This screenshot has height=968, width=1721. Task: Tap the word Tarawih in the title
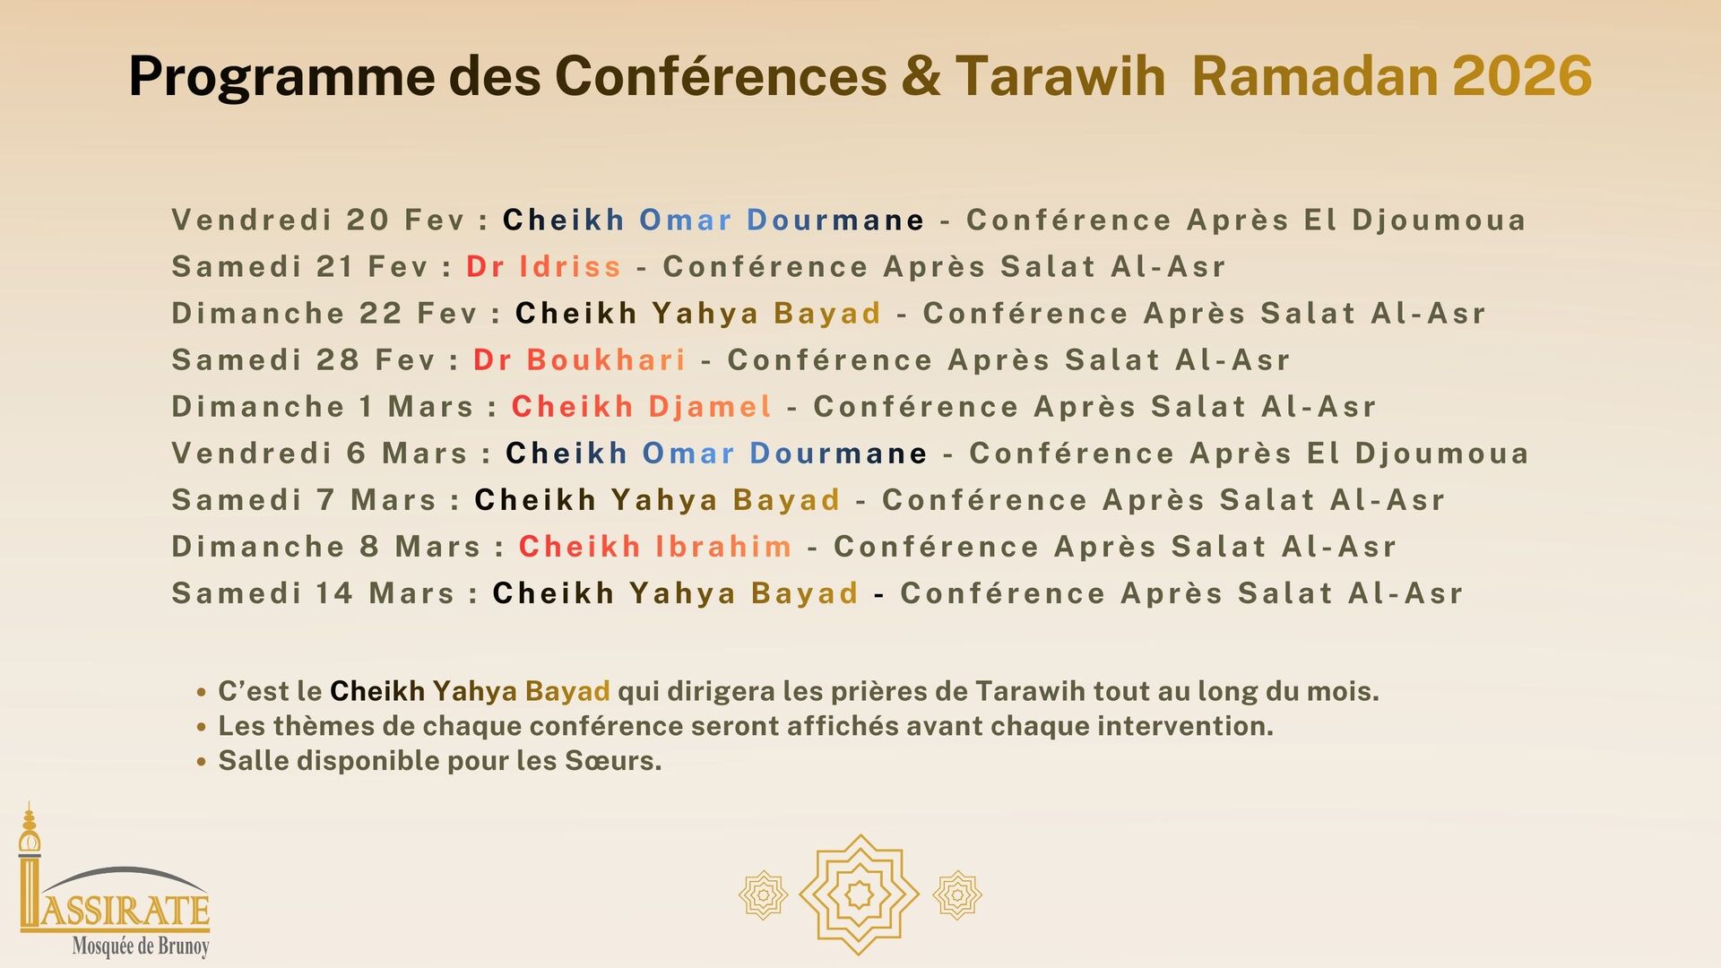pos(1060,75)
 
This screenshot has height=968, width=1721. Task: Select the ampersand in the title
pos(921,76)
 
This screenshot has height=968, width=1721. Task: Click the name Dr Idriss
pos(543,266)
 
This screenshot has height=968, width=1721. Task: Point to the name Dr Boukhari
pos(579,359)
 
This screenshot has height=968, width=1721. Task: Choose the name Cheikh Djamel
pos(641,406)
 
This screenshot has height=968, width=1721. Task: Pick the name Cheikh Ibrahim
pos(655,546)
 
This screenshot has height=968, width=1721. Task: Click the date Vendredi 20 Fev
pos(318,220)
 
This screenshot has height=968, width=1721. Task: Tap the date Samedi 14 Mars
pos(314,592)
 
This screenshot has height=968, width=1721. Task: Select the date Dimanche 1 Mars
pos(323,406)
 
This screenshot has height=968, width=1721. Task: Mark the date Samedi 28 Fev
pos(304,359)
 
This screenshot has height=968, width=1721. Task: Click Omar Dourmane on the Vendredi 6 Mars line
pos(784,453)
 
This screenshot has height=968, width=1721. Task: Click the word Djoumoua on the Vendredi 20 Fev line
pos(1439,220)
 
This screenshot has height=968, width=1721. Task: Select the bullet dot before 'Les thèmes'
pos(202,727)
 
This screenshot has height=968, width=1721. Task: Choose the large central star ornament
pos(859,894)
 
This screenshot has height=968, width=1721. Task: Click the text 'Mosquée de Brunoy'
pos(141,946)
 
